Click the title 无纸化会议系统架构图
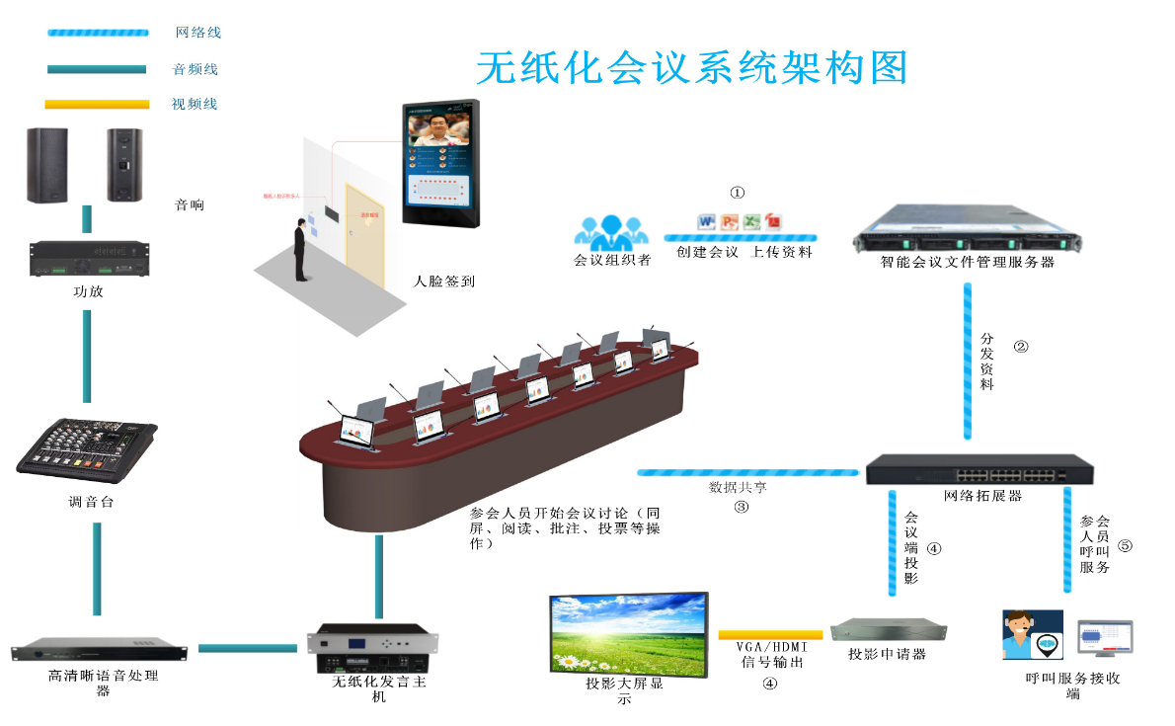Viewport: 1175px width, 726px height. pyautogui.click(x=691, y=67)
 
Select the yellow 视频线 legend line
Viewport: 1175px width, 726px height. pyautogui.click(x=97, y=104)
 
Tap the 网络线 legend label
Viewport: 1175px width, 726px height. pyautogui.click(x=197, y=33)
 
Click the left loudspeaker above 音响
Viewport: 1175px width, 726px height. pyautogui.click(x=47, y=166)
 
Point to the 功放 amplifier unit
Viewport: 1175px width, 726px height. pyautogui.click(x=87, y=258)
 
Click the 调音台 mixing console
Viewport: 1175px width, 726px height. pyautogui.click(x=87, y=449)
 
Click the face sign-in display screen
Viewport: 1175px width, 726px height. pyautogui.click(x=439, y=163)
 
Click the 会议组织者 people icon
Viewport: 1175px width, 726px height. pyautogui.click(x=612, y=233)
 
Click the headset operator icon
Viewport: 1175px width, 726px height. pyautogui.click(x=1032, y=634)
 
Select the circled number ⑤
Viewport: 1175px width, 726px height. pyautogui.click(x=1125, y=544)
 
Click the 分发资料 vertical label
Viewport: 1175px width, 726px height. pyautogui.click(x=986, y=362)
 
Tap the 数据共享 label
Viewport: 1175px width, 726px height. pyautogui.click(x=739, y=488)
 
